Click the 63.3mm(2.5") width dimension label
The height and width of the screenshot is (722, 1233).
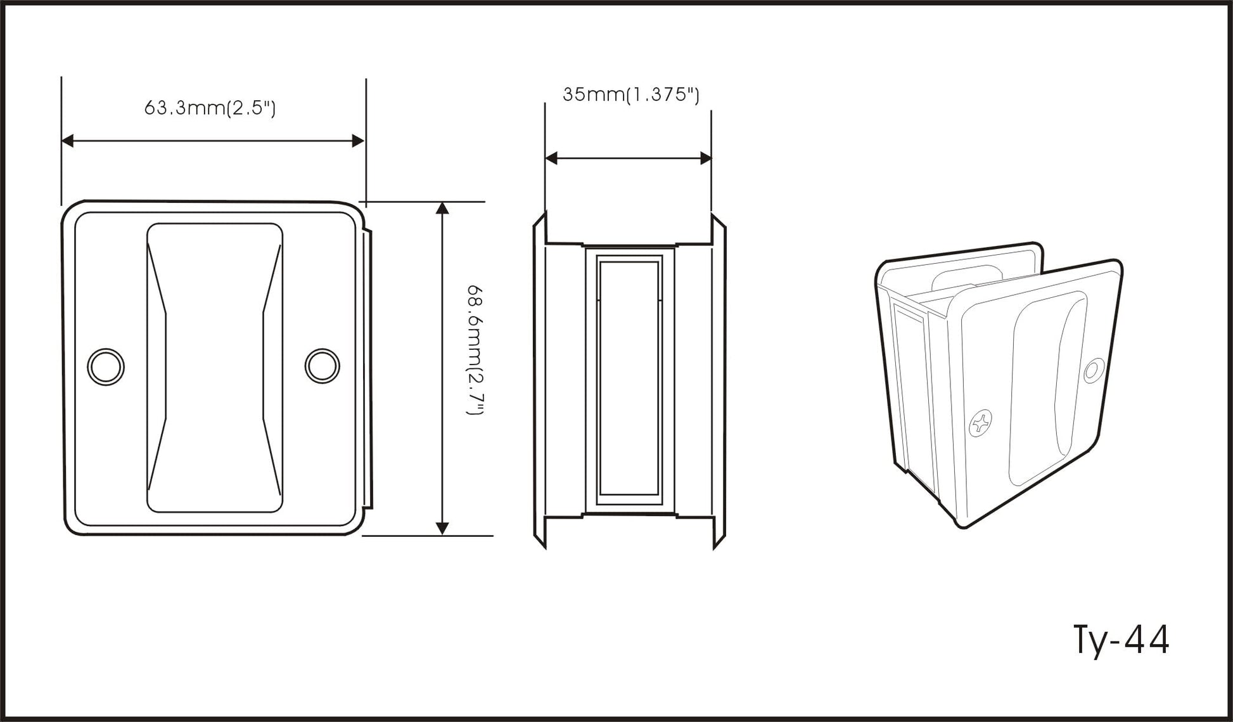click(210, 108)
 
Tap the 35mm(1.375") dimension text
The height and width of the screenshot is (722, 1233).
click(631, 94)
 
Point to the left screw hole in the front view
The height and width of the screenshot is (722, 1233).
click(106, 366)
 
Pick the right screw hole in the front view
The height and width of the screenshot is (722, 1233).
click(323, 366)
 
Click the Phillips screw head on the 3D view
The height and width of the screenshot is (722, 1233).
click(980, 423)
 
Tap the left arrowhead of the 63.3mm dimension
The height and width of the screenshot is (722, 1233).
click(68, 141)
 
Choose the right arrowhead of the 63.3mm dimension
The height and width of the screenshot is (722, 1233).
click(358, 141)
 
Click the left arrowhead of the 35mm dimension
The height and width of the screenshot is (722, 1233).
click(551, 158)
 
